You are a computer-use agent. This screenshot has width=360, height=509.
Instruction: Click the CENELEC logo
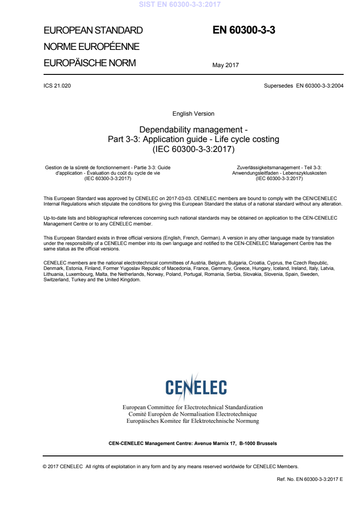(x=196, y=387)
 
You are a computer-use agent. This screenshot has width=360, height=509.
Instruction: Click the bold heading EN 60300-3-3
(x=244, y=30)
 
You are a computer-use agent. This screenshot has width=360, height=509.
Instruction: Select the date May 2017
(x=226, y=65)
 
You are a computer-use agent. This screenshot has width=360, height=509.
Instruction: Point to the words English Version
(x=193, y=114)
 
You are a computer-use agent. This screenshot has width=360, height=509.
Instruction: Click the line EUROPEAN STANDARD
(x=93, y=31)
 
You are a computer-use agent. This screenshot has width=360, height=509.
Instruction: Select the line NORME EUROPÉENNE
(x=91, y=47)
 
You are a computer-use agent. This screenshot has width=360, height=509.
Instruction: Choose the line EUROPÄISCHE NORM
(x=89, y=63)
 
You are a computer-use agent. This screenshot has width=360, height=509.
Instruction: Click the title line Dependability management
(x=193, y=129)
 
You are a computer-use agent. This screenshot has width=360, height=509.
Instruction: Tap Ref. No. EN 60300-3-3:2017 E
(x=310, y=479)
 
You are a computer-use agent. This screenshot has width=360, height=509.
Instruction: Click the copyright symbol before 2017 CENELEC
(x=45, y=466)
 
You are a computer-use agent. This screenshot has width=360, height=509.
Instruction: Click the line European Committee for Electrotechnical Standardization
(x=193, y=407)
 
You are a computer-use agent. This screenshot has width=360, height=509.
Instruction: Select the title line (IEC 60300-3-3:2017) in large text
(x=193, y=148)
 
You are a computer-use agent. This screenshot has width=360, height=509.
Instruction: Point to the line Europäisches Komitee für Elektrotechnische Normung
(x=193, y=421)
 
